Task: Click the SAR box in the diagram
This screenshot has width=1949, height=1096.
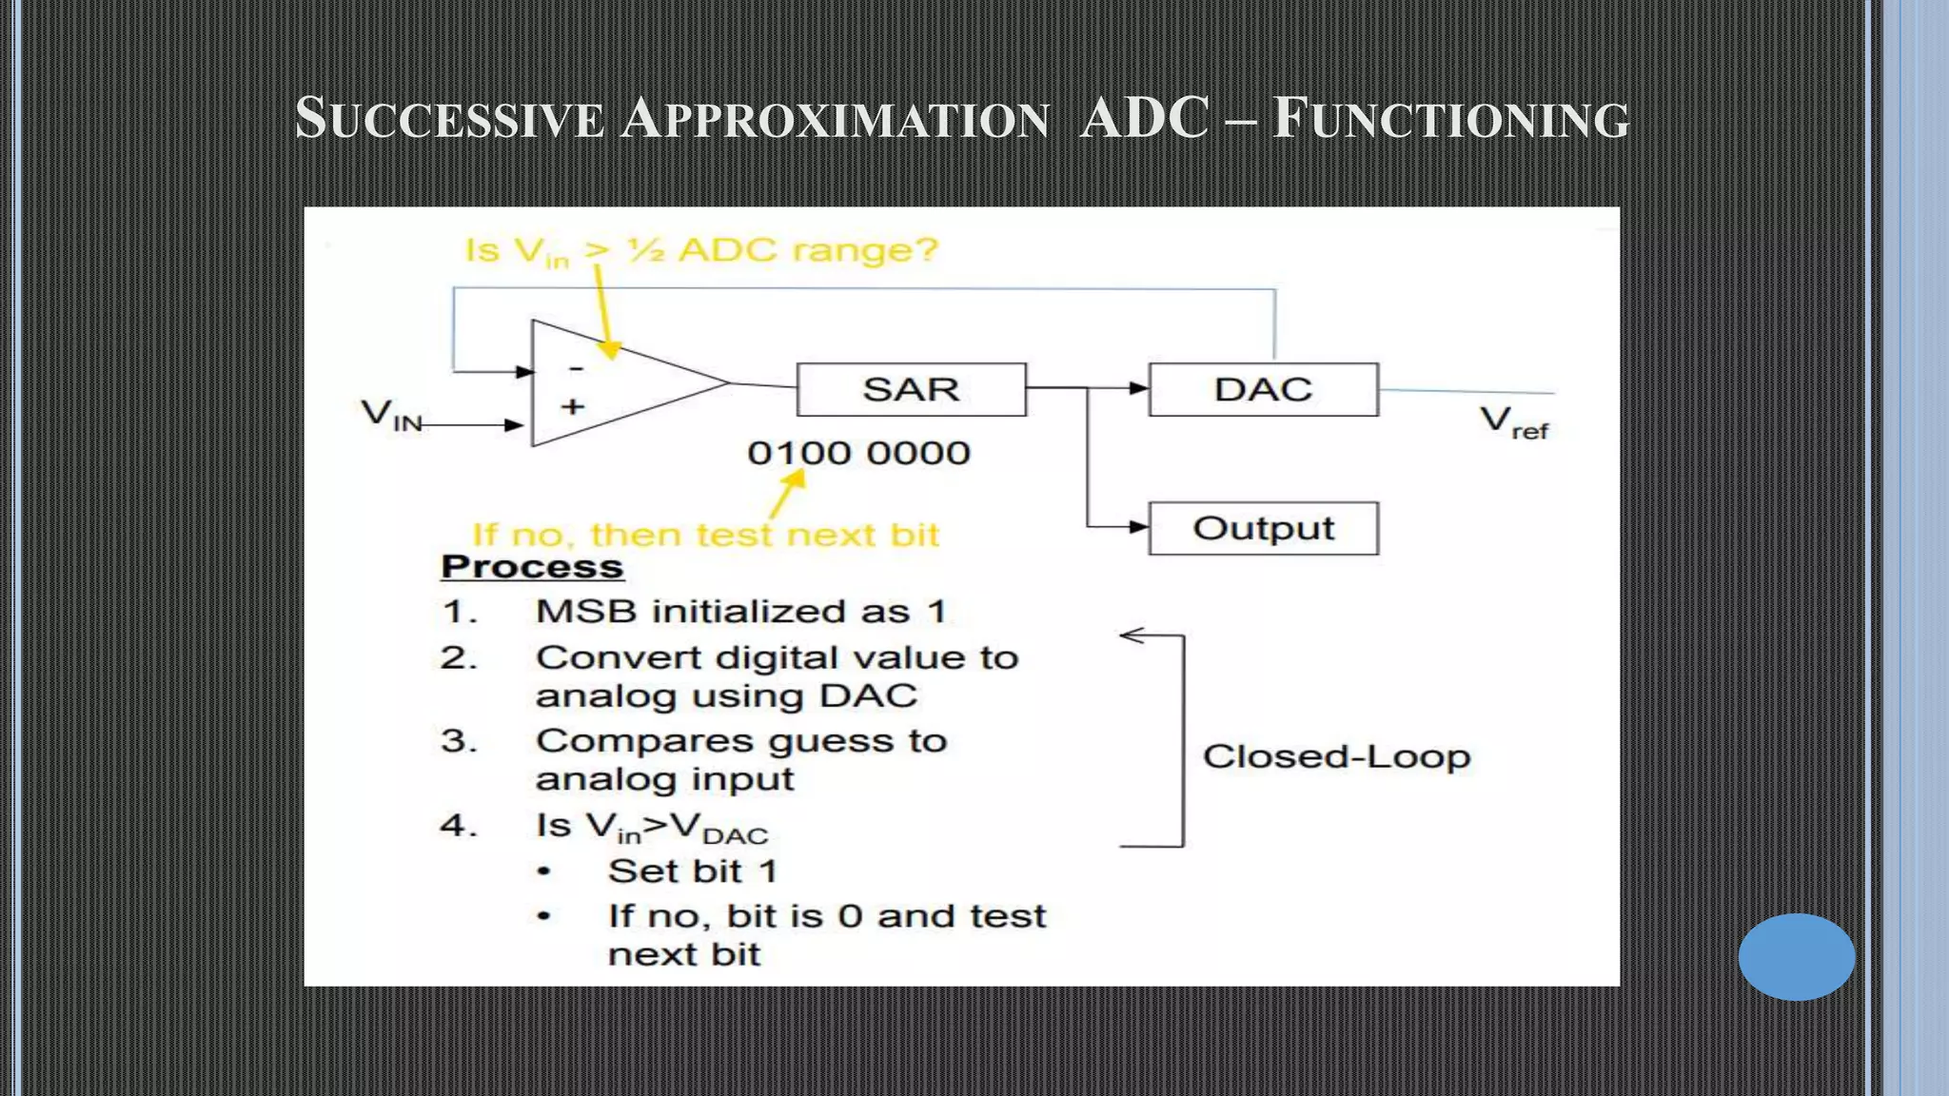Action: coord(911,389)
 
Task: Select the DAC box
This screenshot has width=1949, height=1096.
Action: coord(1263,389)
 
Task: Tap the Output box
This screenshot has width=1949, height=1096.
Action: coord(1263,528)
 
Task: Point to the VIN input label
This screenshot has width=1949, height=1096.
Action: coord(391,416)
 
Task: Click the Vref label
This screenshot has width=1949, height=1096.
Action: coord(1513,421)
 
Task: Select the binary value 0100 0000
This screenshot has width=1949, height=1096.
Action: coord(858,453)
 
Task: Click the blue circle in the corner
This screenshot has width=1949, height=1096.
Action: coord(1796,956)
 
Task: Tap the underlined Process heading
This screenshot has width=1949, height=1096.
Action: coord(532,567)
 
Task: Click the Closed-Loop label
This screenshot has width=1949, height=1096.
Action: coord(1336,757)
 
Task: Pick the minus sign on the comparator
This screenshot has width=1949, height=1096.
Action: coord(576,367)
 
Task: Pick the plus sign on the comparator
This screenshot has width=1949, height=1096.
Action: coord(572,407)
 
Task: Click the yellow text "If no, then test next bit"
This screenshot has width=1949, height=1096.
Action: coord(705,535)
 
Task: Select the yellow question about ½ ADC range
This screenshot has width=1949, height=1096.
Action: coord(701,251)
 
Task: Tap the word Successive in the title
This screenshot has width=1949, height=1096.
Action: coord(449,119)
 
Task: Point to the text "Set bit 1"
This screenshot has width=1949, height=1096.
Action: coord(693,871)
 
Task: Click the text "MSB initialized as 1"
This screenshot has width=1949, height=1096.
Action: coord(741,611)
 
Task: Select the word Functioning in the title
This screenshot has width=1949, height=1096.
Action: coord(1450,119)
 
